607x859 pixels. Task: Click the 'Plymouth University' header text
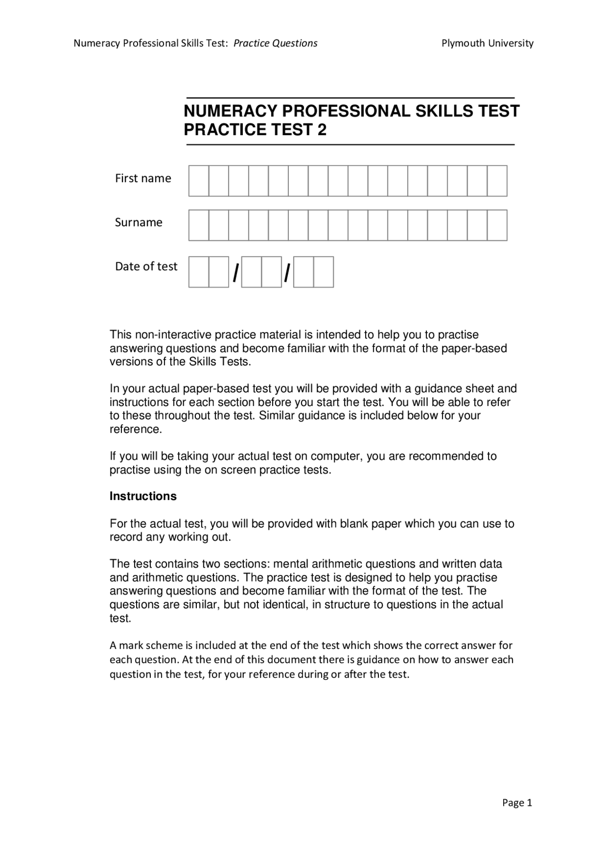[x=487, y=43]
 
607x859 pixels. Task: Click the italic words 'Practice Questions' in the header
[x=276, y=43]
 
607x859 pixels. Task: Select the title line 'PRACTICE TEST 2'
[x=255, y=129]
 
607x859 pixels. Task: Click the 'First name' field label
[x=143, y=178]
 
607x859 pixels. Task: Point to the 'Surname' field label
[x=138, y=222]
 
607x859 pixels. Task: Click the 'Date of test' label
[x=146, y=267]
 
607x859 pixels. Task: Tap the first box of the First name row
[x=199, y=181]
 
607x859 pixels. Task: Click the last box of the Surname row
[x=497, y=225]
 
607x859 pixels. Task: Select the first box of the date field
[x=199, y=272]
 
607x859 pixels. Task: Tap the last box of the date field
[x=323, y=272]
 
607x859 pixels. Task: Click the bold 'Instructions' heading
[x=143, y=496]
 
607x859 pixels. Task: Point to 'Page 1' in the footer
[x=517, y=803]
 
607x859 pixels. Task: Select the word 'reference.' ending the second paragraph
[x=136, y=429]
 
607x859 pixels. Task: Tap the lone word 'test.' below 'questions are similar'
[x=120, y=619]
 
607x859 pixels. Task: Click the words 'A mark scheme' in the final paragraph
[x=139, y=646]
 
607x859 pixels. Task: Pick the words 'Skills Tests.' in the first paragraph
[x=219, y=362]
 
